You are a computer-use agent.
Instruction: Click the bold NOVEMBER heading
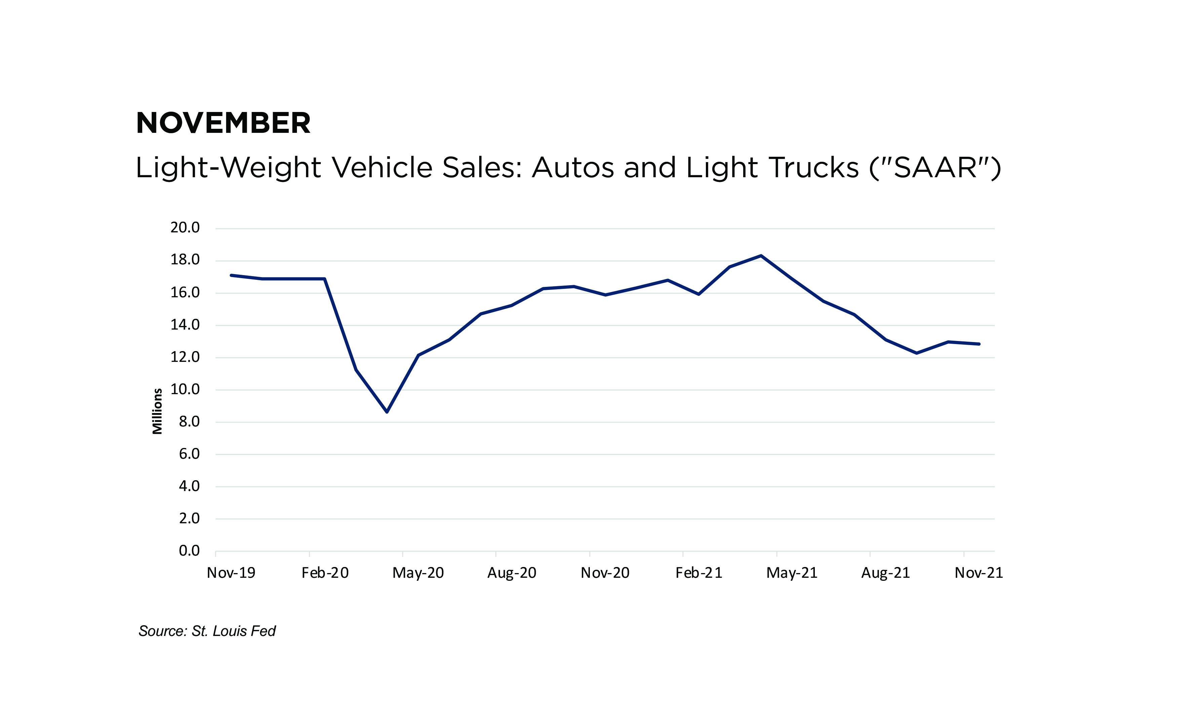223,123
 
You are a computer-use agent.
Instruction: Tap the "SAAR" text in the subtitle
935,168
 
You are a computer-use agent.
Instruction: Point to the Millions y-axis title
157,411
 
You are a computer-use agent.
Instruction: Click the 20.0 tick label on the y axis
185,228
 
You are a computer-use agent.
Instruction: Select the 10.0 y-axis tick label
185,389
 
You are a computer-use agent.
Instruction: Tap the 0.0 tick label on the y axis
189,551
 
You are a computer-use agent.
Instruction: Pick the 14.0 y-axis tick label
185,325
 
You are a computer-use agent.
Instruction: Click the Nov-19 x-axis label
231,573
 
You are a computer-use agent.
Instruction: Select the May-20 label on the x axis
418,573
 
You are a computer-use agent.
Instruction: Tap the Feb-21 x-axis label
699,573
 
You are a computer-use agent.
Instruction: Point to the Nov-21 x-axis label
979,573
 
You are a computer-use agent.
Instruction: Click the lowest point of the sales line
387,412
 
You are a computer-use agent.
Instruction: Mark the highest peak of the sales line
761,256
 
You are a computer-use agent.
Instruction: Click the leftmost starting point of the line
231,275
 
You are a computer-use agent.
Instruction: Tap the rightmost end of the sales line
979,344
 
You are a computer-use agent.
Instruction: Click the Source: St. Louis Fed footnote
207,631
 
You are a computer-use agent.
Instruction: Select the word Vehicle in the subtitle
382,168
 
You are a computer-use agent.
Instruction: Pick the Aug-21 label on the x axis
886,573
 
